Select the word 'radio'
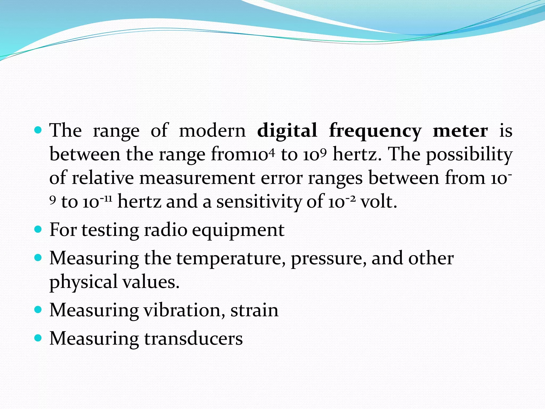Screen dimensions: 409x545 pyautogui.click(x=166, y=230)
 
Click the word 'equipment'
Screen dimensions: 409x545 pyautogui.click(x=238, y=231)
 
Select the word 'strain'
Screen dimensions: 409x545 pyautogui.click(x=254, y=310)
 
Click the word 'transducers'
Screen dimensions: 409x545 pyautogui.click(x=193, y=338)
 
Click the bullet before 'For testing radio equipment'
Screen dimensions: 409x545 pyautogui.click(x=38, y=229)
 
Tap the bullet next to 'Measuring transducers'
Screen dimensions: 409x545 pyautogui.click(x=38, y=338)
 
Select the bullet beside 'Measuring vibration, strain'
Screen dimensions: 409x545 pyautogui.click(x=38, y=310)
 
